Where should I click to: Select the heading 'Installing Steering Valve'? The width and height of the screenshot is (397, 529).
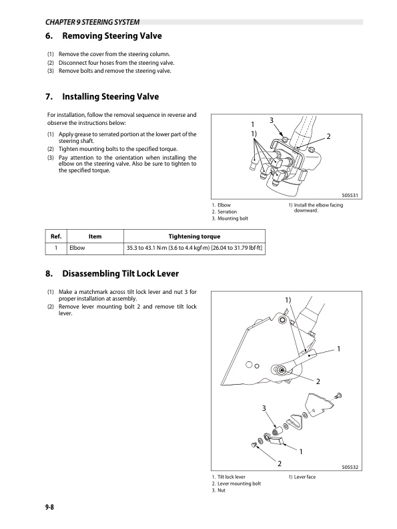point(109,97)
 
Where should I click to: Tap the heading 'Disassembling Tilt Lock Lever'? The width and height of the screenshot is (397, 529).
point(121,273)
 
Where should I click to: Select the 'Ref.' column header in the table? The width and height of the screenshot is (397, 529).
point(56,236)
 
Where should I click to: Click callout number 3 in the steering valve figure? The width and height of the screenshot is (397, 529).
point(271,120)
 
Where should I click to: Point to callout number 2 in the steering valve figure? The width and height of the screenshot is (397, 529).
point(328,137)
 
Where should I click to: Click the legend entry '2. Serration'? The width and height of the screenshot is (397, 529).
point(224,212)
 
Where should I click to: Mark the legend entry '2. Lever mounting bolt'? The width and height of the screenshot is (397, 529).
point(236,484)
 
